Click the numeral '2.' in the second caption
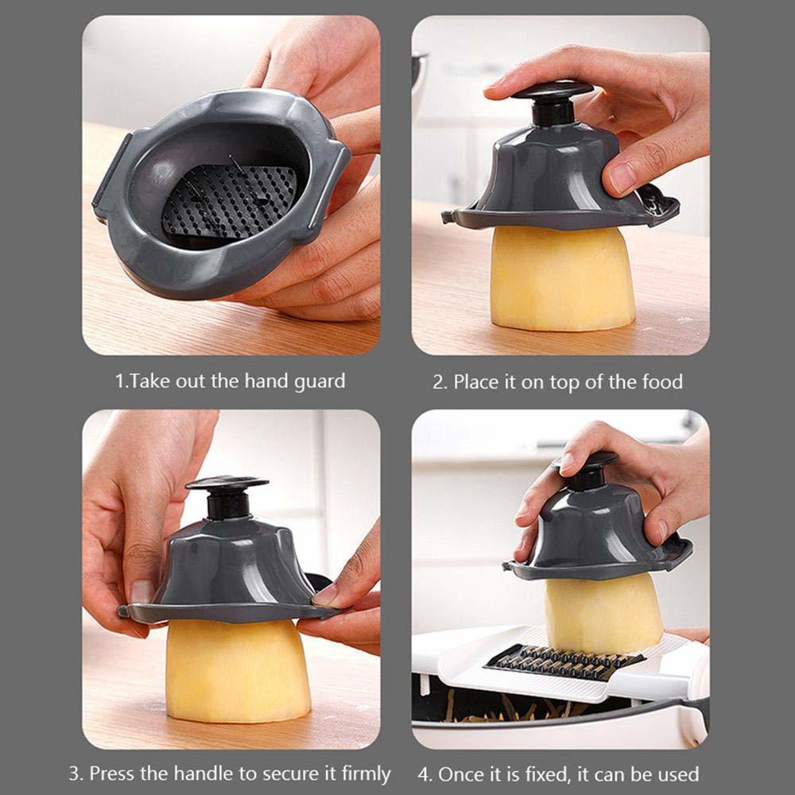(440, 382)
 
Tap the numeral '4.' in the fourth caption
(425, 774)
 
